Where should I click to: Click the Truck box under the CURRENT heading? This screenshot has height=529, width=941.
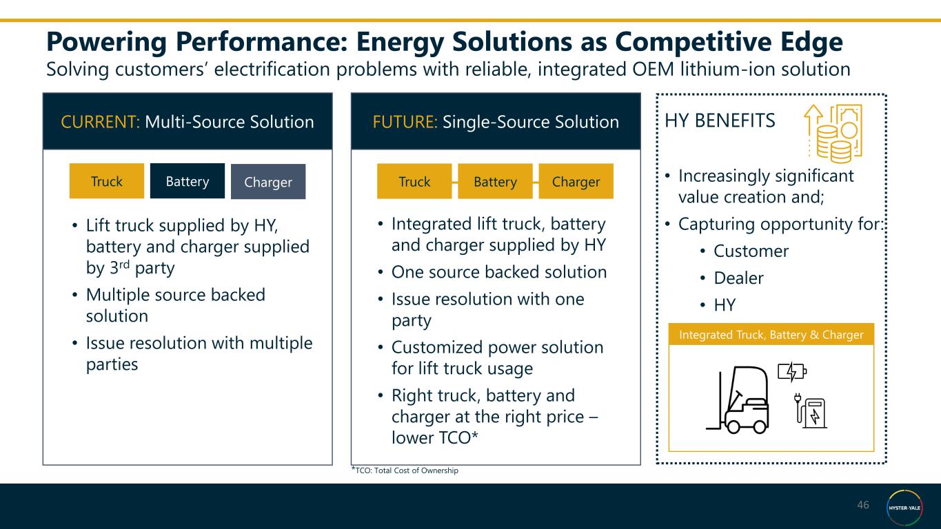(x=107, y=181)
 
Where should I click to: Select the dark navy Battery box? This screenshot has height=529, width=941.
(x=188, y=181)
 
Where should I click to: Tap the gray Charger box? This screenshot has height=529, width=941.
(x=268, y=182)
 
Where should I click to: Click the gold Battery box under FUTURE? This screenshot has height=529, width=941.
(x=495, y=182)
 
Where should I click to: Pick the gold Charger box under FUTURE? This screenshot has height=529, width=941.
(x=576, y=182)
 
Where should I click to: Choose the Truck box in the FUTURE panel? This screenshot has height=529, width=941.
(x=414, y=182)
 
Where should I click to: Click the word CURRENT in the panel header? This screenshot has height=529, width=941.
(x=100, y=122)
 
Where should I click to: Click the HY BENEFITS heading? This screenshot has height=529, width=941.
(x=720, y=121)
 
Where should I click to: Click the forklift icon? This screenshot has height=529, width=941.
(x=738, y=403)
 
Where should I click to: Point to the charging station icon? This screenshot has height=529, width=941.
(x=812, y=413)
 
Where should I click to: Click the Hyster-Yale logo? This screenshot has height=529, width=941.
(x=904, y=508)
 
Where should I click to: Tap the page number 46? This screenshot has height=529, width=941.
(x=863, y=506)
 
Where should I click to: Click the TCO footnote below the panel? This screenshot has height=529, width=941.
(x=405, y=470)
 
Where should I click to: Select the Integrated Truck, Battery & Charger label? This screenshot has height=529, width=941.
(x=771, y=335)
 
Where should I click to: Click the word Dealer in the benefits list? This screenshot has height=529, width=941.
(x=738, y=278)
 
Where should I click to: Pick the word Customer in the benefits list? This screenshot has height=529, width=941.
(x=751, y=251)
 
